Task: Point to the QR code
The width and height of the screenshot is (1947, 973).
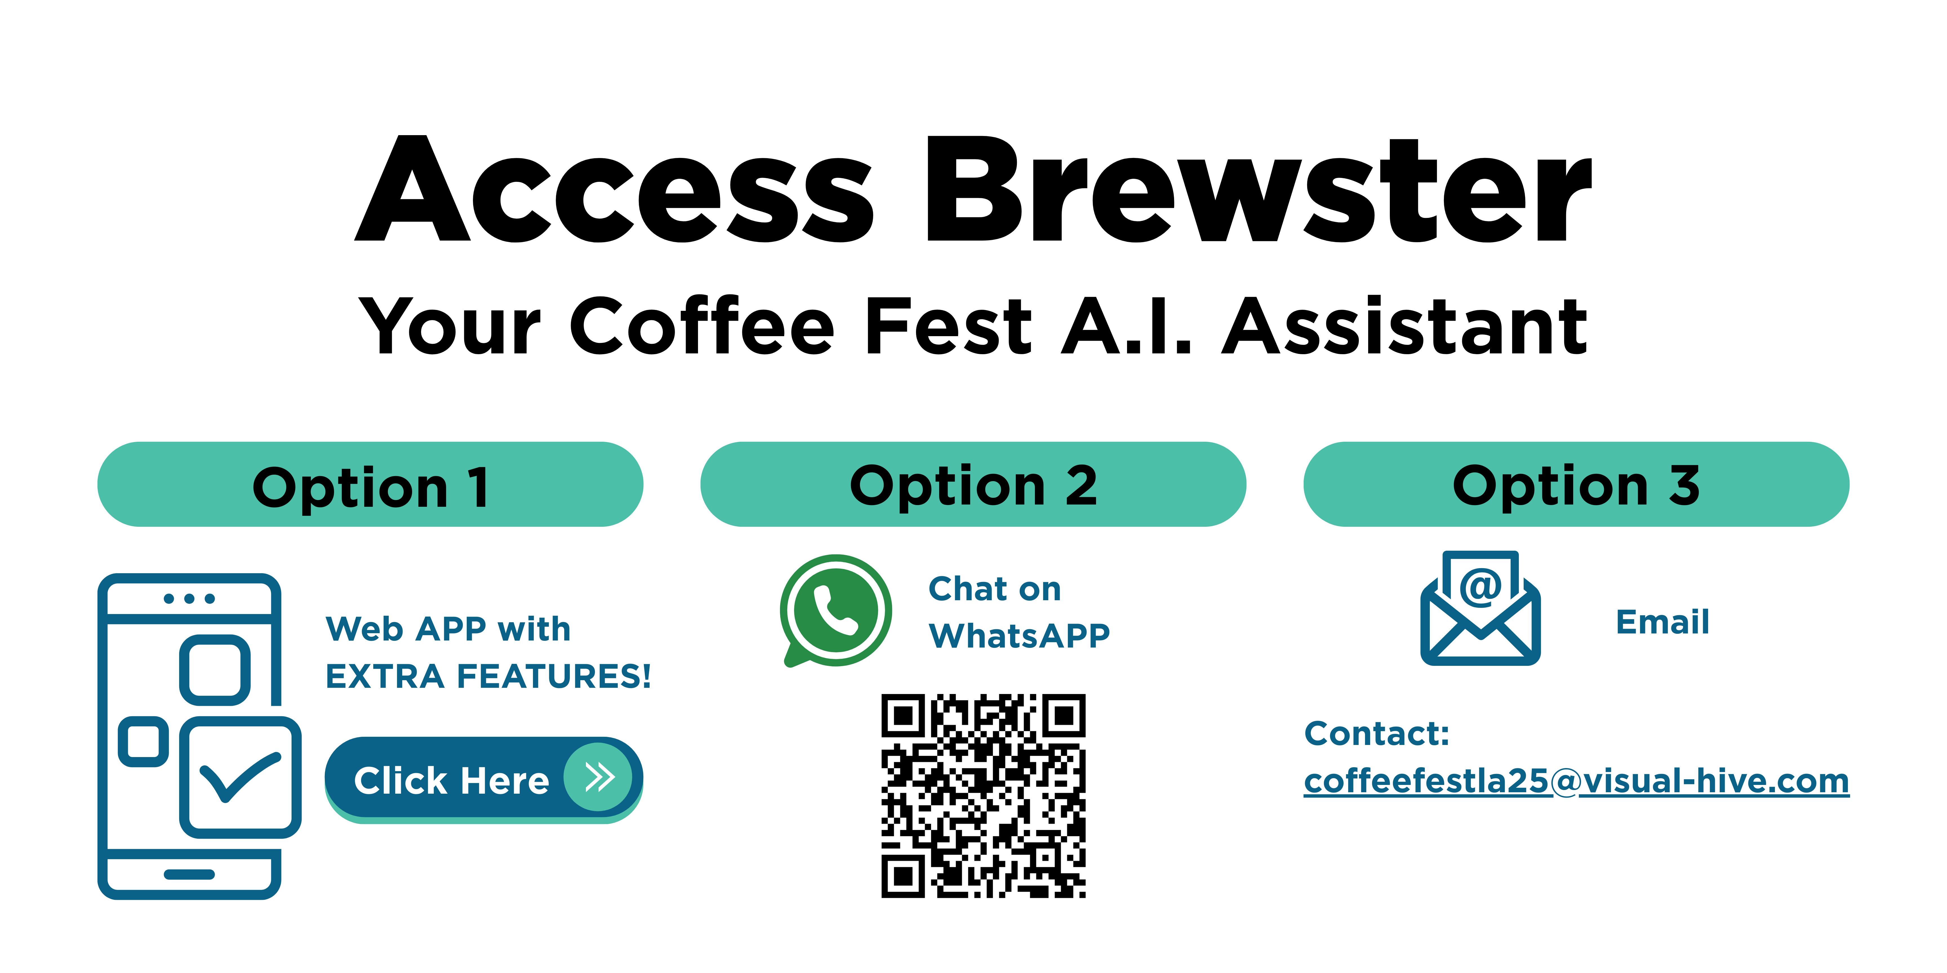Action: click(983, 795)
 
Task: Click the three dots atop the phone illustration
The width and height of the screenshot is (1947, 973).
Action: click(189, 599)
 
